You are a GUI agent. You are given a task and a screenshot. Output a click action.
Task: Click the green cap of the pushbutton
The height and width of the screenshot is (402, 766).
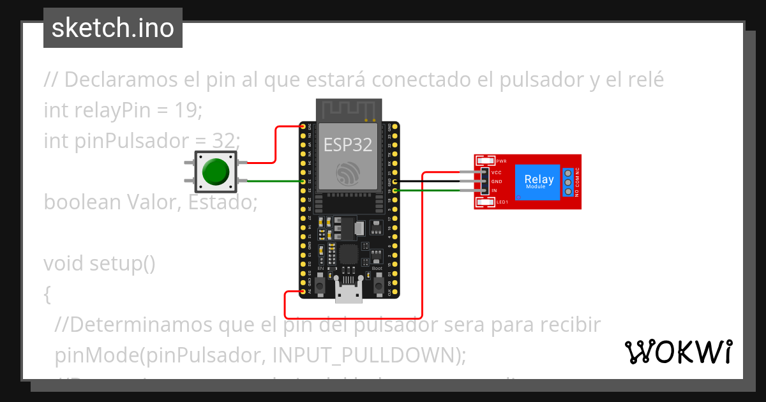click(216, 172)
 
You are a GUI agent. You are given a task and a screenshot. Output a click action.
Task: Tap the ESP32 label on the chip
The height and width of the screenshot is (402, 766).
click(347, 145)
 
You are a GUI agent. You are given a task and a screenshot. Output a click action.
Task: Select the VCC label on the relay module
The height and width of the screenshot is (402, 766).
click(496, 172)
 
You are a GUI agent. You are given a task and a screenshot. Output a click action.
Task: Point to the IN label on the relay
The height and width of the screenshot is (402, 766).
click(494, 191)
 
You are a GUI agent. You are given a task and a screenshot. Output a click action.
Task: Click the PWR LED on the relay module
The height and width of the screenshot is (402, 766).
click(485, 161)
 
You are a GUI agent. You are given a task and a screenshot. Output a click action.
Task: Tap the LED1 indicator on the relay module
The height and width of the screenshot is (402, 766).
click(486, 203)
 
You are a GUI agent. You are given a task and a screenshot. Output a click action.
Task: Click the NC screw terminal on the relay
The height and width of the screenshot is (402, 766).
click(567, 172)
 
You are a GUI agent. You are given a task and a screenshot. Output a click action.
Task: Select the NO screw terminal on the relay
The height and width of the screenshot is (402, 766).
click(567, 191)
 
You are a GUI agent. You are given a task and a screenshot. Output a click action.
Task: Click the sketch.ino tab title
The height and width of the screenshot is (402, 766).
click(113, 28)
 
